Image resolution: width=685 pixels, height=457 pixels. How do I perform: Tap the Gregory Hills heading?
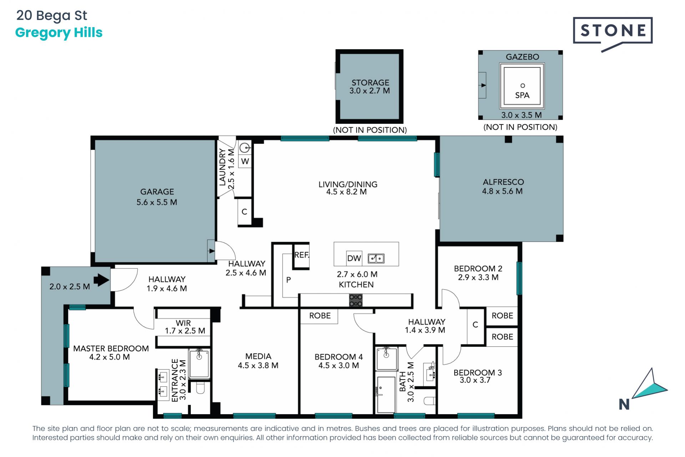pyautogui.click(x=59, y=33)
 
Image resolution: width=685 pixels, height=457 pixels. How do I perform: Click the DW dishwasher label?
pyautogui.click(x=354, y=258)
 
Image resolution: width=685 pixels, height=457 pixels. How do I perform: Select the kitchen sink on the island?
pyautogui.click(x=376, y=258)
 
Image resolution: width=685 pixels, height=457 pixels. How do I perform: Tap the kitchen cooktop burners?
pyautogui.click(x=356, y=300)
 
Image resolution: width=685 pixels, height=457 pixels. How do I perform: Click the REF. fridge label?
pyautogui.click(x=301, y=255)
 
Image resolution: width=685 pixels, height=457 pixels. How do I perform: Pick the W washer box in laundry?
pyautogui.click(x=245, y=161)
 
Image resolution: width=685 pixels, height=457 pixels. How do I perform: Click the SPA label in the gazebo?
pyautogui.click(x=522, y=95)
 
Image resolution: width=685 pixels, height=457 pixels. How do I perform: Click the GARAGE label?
pyautogui.click(x=157, y=192)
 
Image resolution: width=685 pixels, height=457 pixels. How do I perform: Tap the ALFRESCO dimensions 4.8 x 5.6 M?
pyautogui.click(x=502, y=191)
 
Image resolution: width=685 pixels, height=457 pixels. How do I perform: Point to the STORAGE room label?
pyautogui.click(x=370, y=82)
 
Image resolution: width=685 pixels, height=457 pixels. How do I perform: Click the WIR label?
pyautogui.click(x=183, y=323)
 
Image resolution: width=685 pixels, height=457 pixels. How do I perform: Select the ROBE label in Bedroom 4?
pyautogui.click(x=320, y=316)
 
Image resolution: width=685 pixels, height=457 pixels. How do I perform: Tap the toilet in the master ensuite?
pyautogui.click(x=200, y=388)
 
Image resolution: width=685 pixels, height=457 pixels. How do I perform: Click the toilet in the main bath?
pyautogui.click(x=430, y=401)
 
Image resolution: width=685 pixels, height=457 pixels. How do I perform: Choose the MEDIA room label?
pyautogui.click(x=258, y=356)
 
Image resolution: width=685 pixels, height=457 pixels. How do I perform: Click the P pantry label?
pyautogui.click(x=288, y=280)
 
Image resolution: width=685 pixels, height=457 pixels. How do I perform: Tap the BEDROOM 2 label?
pyautogui.click(x=478, y=268)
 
